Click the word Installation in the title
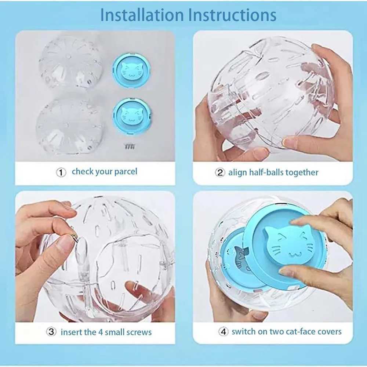[142, 15]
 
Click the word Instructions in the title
[232, 15]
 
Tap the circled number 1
[61, 172]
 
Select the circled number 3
[51, 332]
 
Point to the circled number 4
[223, 332]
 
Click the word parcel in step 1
[124, 172]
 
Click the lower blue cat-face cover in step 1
[130, 117]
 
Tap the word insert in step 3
[72, 332]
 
